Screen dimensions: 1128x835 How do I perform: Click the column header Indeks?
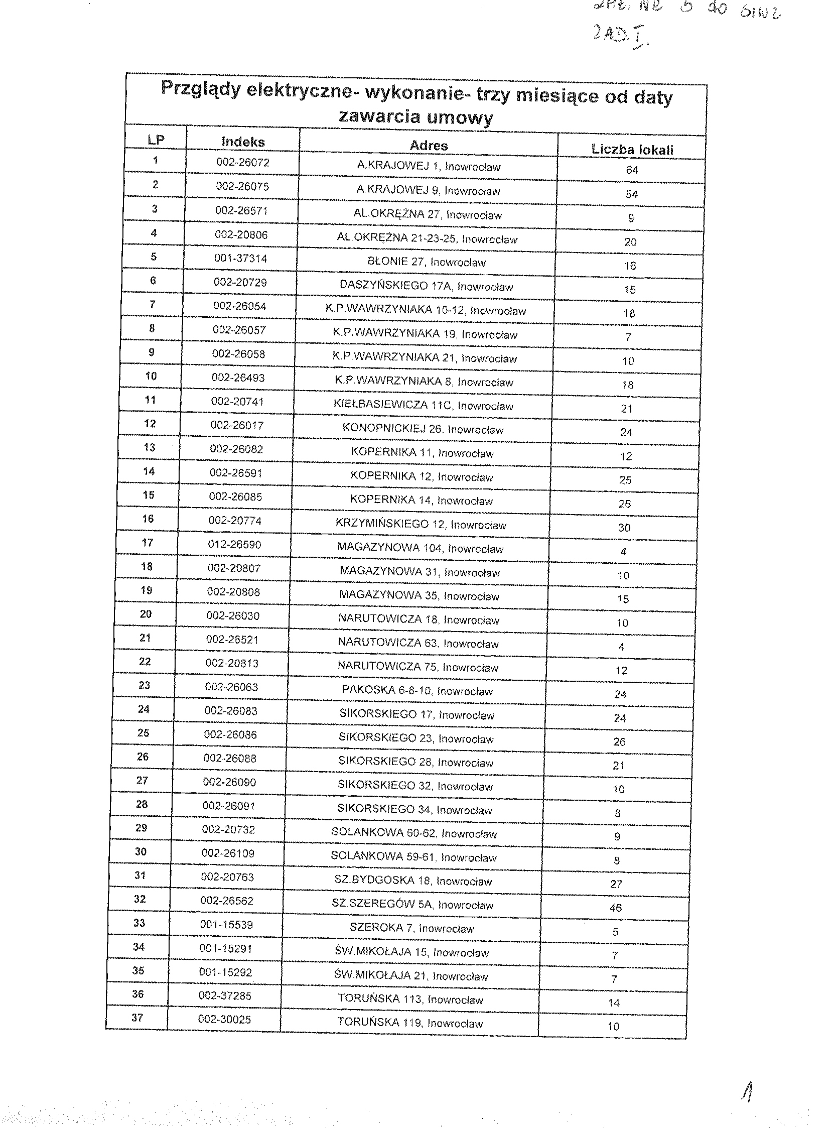click(x=242, y=142)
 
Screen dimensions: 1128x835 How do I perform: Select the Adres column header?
click(x=429, y=146)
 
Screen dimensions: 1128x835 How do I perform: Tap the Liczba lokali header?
click(x=632, y=149)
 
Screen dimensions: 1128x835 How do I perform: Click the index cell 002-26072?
click(x=242, y=162)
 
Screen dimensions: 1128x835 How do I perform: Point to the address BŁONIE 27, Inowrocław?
click(x=426, y=262)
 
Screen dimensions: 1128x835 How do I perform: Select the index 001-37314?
click(x=240, y=259)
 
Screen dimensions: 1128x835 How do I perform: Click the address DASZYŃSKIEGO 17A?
click(x=426, y=286)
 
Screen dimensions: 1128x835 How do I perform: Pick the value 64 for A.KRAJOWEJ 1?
click(x=632, y=170)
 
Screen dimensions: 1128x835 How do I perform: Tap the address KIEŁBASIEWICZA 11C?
click(x=423, y=406)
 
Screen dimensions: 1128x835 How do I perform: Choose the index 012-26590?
click(x=234, y=545)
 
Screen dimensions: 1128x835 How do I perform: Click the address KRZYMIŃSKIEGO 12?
click(x=421, y=524)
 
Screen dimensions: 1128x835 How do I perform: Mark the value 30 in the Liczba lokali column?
click(x=624, y=527)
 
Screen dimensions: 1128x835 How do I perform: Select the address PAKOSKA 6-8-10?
click(x=417, y=690)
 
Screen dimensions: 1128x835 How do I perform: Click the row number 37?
click(x=137, y=1017)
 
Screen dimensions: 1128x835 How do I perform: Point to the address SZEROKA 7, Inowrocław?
click(x=411, y=928)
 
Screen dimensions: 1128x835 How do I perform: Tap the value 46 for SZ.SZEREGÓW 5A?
click(x=616, y=908)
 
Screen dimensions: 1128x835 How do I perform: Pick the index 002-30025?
click(x=224, y=1019)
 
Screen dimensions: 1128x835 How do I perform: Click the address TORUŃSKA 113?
click(x=410, y=999)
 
